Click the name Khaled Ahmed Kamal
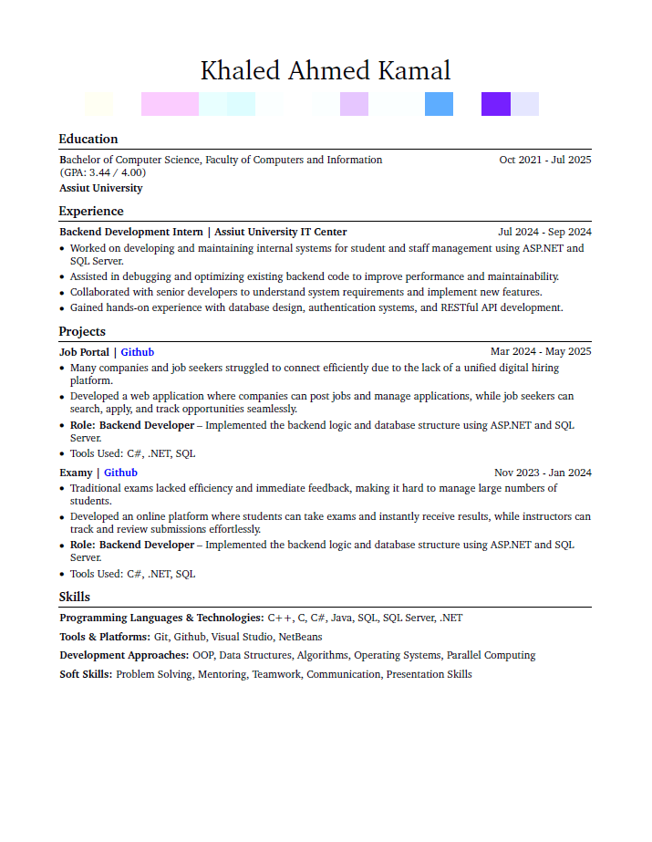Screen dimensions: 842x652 pos(326,70)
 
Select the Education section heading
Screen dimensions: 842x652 pos(88,140)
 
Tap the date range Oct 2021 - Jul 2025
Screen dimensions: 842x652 pos(545,160)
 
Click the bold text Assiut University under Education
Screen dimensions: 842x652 pos(101,188)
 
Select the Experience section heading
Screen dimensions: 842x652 pos(91,212)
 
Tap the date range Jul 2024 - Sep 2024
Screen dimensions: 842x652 pos(544,232)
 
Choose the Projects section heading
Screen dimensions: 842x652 pos(82,332)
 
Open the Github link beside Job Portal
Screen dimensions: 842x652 pos(138,352)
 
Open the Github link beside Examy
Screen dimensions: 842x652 pos(120,473)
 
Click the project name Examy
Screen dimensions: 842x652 pos(76,473)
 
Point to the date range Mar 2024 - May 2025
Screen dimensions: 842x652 pos(541,352)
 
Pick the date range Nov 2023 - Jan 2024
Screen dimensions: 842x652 pos(543,473)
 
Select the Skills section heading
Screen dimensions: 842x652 pos(75,598)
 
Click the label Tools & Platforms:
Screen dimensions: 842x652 pos(105,637)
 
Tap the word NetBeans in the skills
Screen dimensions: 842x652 pos(300,637)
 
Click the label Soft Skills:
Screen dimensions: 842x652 pos(86,674)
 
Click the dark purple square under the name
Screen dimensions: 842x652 pos(496,104)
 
